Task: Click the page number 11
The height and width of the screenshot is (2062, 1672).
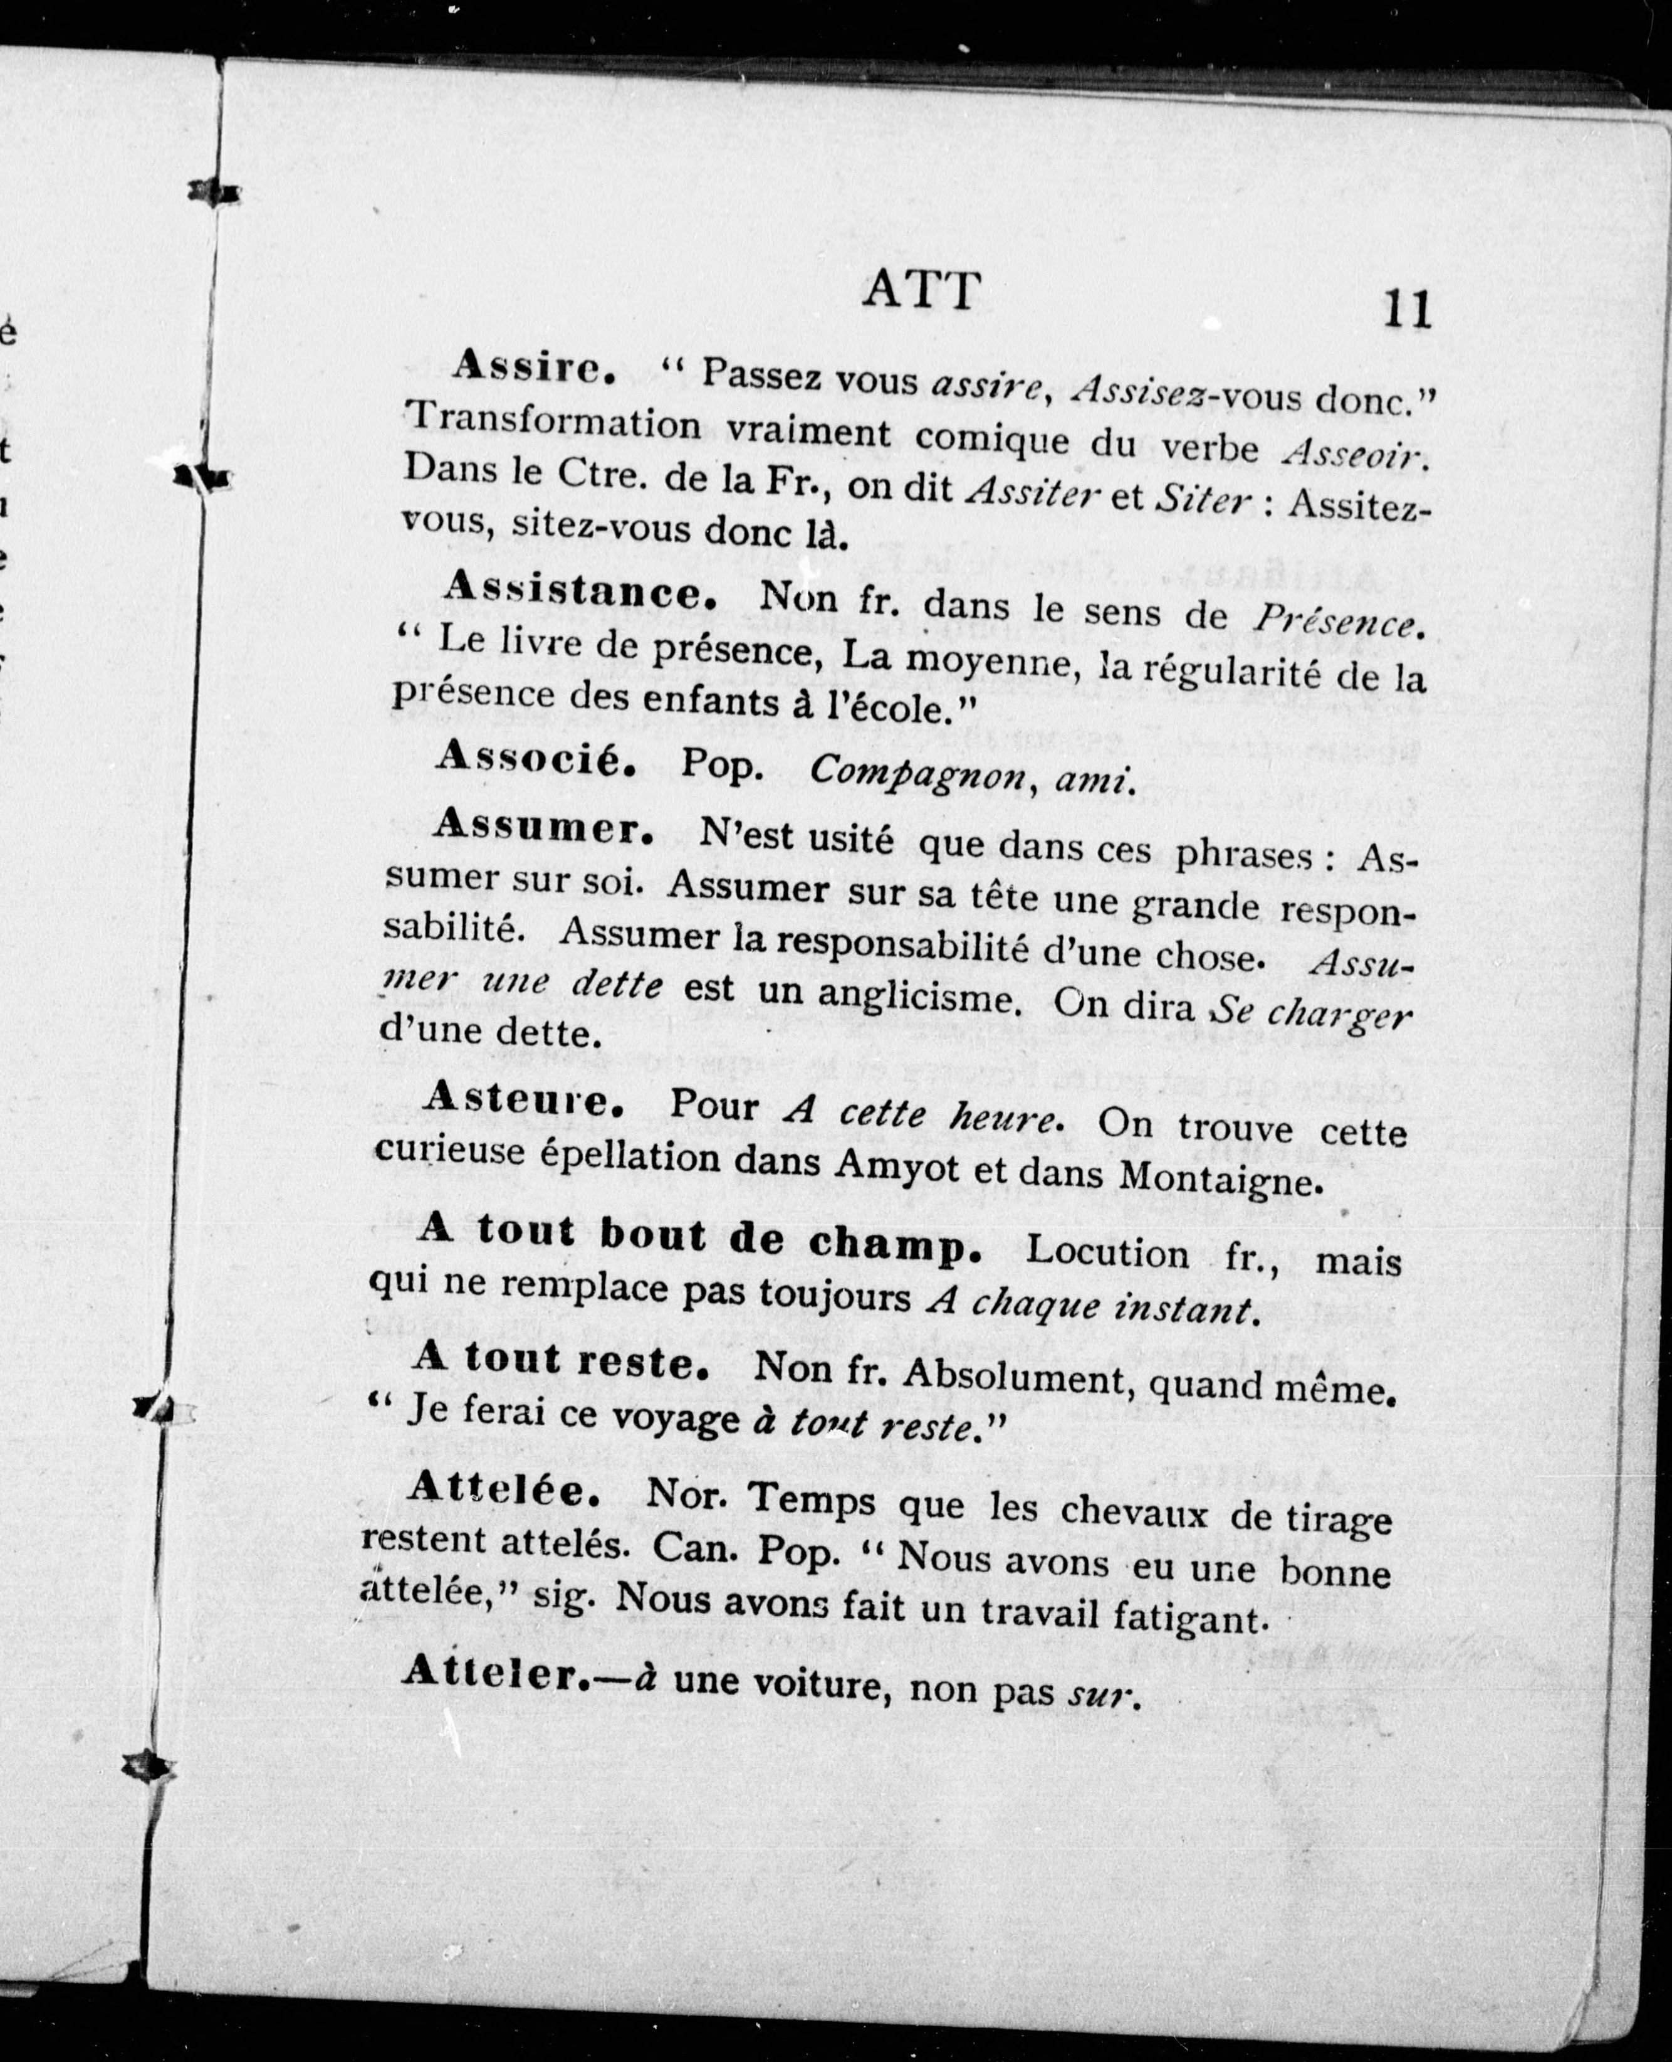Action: coord(1406,310)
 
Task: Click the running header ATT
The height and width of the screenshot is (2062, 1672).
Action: coord(922,290)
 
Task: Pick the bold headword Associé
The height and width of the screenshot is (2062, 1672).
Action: coord(535,759)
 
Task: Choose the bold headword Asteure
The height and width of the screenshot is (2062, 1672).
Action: coord(523,1099)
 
